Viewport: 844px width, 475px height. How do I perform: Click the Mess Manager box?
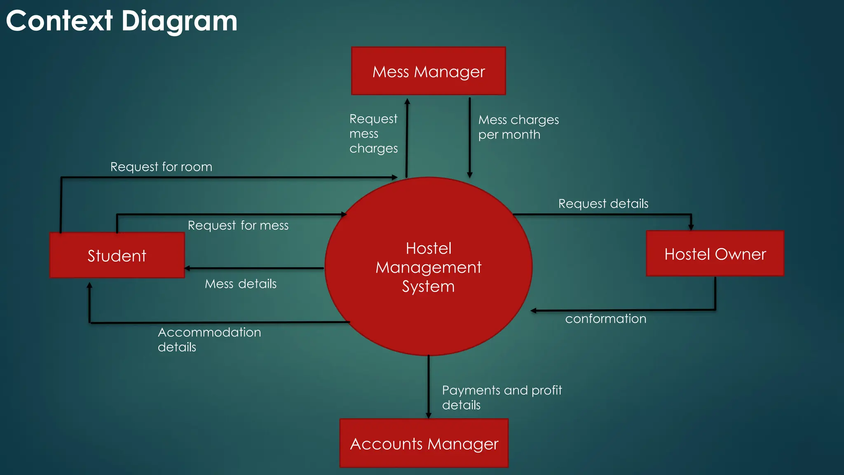point(428,71)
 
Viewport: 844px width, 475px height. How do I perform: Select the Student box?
point(117,255)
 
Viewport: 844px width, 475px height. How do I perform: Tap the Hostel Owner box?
point(715,254)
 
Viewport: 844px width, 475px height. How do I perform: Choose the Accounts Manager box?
point(424,443)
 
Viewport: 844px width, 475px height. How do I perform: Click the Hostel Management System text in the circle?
point(428,267)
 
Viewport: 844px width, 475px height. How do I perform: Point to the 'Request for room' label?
point(161,167)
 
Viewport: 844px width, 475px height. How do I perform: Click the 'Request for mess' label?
point(238,225)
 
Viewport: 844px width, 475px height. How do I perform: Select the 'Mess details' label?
point(241,284)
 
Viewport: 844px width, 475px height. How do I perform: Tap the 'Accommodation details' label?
point(209,339)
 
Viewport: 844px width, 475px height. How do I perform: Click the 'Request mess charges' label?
point(373,134)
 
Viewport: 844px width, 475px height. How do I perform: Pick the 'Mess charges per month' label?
point(518,127)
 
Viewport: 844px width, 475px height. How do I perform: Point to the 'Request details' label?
point(603,203)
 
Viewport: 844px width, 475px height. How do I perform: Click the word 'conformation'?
point(605,319)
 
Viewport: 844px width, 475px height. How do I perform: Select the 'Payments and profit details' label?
point(502,397)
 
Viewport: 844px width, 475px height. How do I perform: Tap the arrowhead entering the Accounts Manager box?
point(429,415)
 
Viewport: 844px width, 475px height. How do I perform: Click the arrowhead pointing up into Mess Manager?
point(407,101)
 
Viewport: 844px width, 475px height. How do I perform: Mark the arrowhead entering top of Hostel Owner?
point(691,227)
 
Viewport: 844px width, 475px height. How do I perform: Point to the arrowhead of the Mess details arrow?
point(188,268)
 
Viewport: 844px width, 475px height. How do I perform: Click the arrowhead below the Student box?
point(89,285)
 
